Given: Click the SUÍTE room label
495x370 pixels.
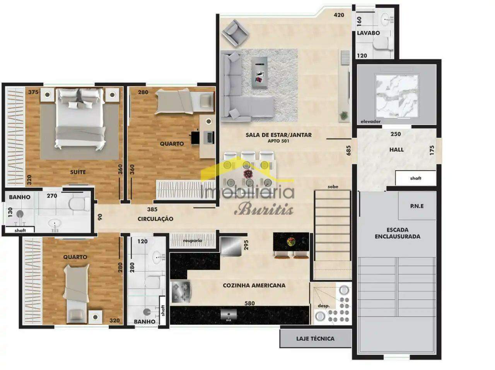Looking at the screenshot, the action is pyautogui.click(x=78, y=172).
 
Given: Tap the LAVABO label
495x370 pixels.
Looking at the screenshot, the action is pyautogui.click(x=368, y=33).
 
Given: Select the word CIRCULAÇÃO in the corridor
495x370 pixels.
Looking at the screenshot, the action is pyautogui.click(x=155, y=219).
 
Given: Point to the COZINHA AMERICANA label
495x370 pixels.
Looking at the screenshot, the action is pyautogui.click(x=254, y=285).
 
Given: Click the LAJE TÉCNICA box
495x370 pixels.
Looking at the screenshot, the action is pyautogui.click(x=316, y=338).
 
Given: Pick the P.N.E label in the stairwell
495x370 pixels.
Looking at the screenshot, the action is pyautogui.click(x=417, y=206).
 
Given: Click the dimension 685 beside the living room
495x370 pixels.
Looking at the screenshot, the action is pyautogui.click(x=348, y=150).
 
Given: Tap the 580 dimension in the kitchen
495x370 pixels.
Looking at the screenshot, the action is pyautogui.click(x=250, y=303).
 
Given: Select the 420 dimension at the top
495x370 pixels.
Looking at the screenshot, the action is pyautogui.click(x=339, y=15).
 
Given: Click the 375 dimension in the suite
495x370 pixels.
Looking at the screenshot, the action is pyautogui.click(x=33, y=92).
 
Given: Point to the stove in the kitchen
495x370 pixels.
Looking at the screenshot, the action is pyautogui.click(x=180, y=292).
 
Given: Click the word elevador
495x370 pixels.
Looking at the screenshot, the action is pyautogui.click(x=370, y=122).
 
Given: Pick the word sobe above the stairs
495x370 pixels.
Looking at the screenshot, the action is pyautogui.click(x=333, y=187).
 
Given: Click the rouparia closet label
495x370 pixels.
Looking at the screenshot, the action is pyautogui.click(x=193, y=241).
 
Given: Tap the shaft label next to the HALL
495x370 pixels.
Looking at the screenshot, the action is pyautogui.click(x=416, y=178).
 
